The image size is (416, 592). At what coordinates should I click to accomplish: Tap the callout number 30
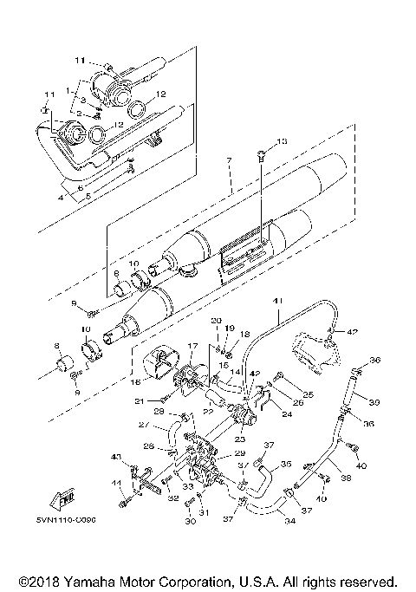pyautogui.click(x=190, y=523)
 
